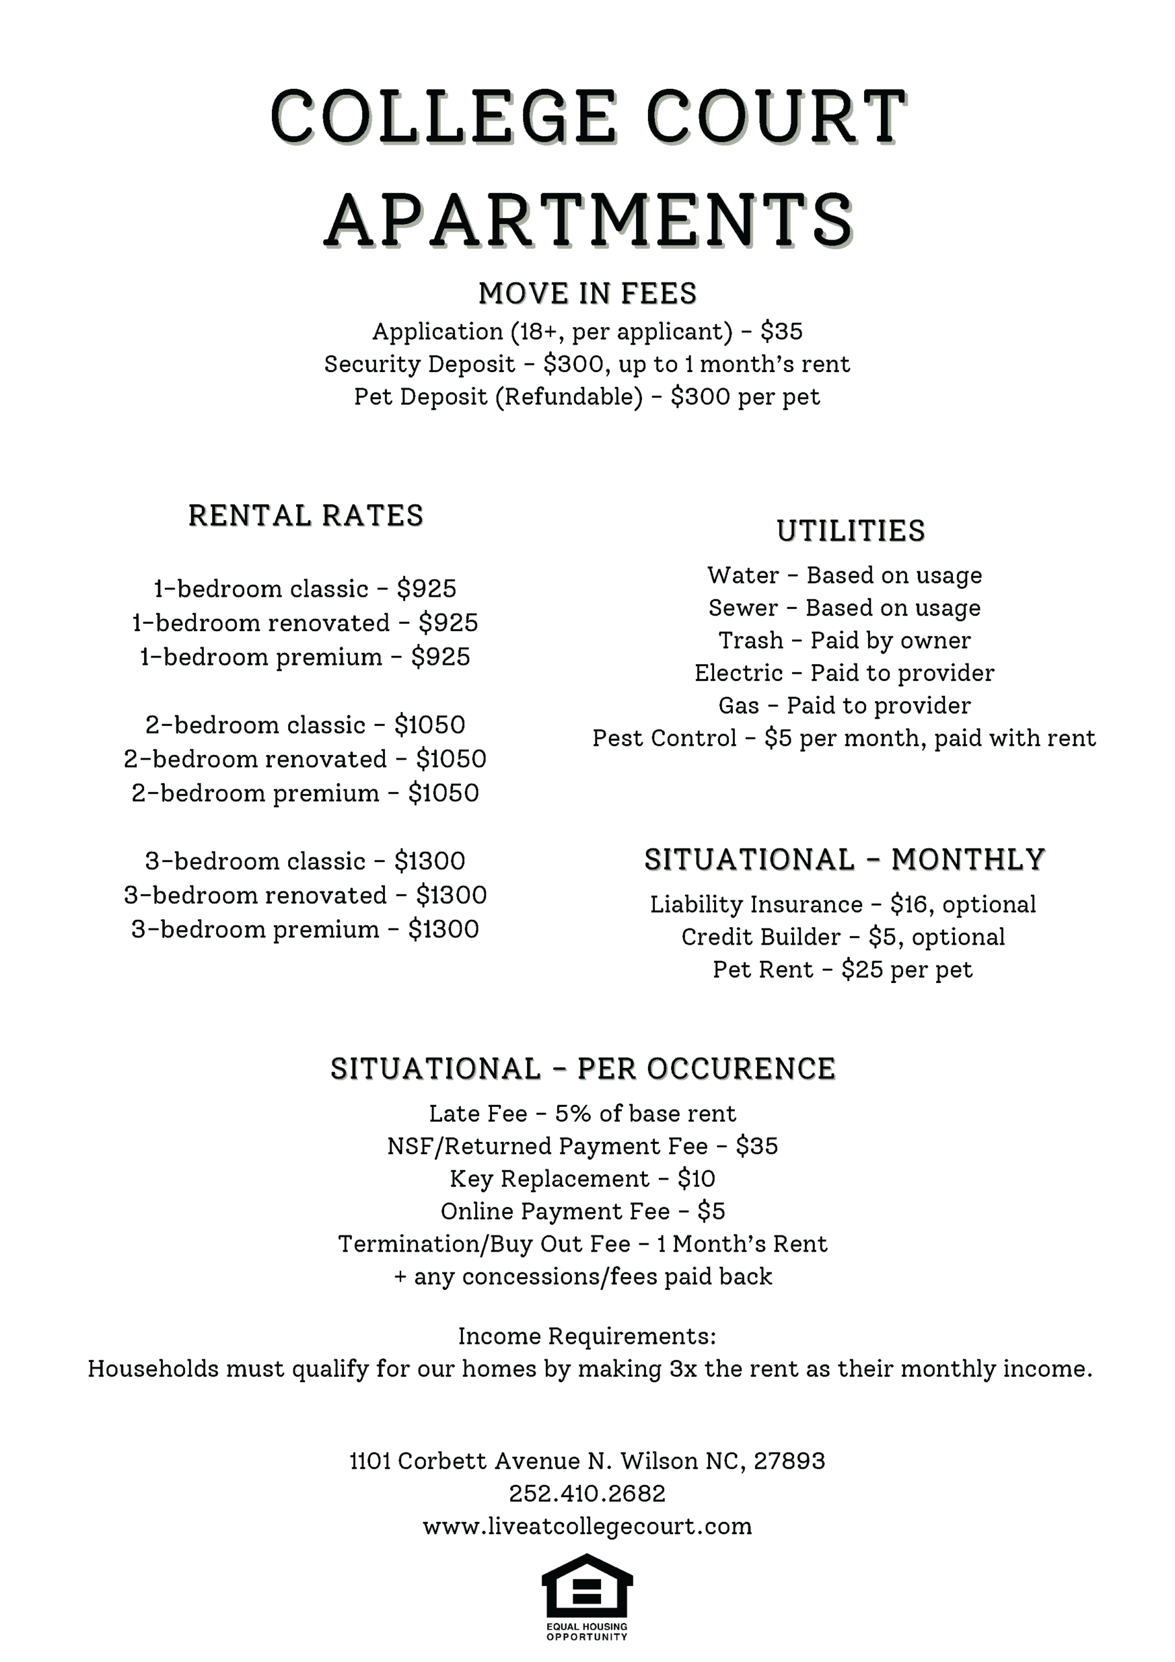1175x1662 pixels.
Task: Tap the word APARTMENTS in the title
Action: [x=588, y=220]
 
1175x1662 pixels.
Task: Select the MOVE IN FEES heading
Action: [x=587, y=294]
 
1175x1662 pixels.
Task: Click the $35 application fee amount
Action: [x=781, y=332]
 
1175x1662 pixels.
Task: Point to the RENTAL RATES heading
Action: [x=306, y=516]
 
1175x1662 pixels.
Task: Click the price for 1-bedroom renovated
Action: [x=448, y=623]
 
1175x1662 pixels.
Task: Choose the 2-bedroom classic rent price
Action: [x=429, y=725]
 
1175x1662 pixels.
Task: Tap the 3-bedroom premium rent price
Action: [x=443, y=930]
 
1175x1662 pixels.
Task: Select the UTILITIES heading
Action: [x=850, y=531]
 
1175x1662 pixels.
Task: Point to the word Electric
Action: [x=739, y=673]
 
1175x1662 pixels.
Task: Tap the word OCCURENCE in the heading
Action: [x=741, y=1069]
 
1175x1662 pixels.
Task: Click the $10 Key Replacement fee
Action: [x=696, y=1179]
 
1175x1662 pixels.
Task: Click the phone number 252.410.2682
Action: [x=587, y=1493]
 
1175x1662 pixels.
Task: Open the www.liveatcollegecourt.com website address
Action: [x=587, y=1526]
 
